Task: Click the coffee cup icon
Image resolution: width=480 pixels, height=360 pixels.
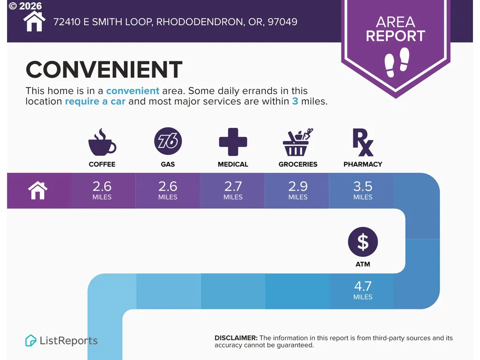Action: point(102,142)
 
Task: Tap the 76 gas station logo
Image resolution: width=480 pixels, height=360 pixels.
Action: point(168,141)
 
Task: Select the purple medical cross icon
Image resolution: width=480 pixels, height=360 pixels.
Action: point(233,142)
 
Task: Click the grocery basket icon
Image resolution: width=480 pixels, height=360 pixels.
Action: point(297,142)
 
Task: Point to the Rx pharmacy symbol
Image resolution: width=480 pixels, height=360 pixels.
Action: point(363,142)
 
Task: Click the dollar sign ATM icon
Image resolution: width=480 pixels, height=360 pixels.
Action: point(363,242)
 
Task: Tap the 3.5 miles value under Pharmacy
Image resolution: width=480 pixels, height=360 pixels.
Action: point(363,190)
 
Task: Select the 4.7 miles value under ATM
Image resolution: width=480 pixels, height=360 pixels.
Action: point(363,290)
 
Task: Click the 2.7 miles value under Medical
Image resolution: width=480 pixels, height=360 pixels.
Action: point(233,190)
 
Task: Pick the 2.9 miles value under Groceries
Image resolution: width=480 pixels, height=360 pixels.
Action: point(298,190)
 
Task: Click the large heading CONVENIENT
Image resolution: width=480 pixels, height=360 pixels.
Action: point(104,69)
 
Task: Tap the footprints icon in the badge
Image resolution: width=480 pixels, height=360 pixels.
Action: point(397,62)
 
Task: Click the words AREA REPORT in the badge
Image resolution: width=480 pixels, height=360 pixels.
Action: point(396,29)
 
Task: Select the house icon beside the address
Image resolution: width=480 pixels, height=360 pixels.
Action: point(34,21)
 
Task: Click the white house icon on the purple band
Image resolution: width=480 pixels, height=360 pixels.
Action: point(37,190)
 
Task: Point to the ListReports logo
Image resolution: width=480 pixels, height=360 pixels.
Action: point(61,340)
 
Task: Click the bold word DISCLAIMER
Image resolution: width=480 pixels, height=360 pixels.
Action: point(236,338)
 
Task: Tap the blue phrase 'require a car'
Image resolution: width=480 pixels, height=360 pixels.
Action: point(95,101)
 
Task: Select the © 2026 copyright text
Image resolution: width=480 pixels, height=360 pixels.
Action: point(25,6)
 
